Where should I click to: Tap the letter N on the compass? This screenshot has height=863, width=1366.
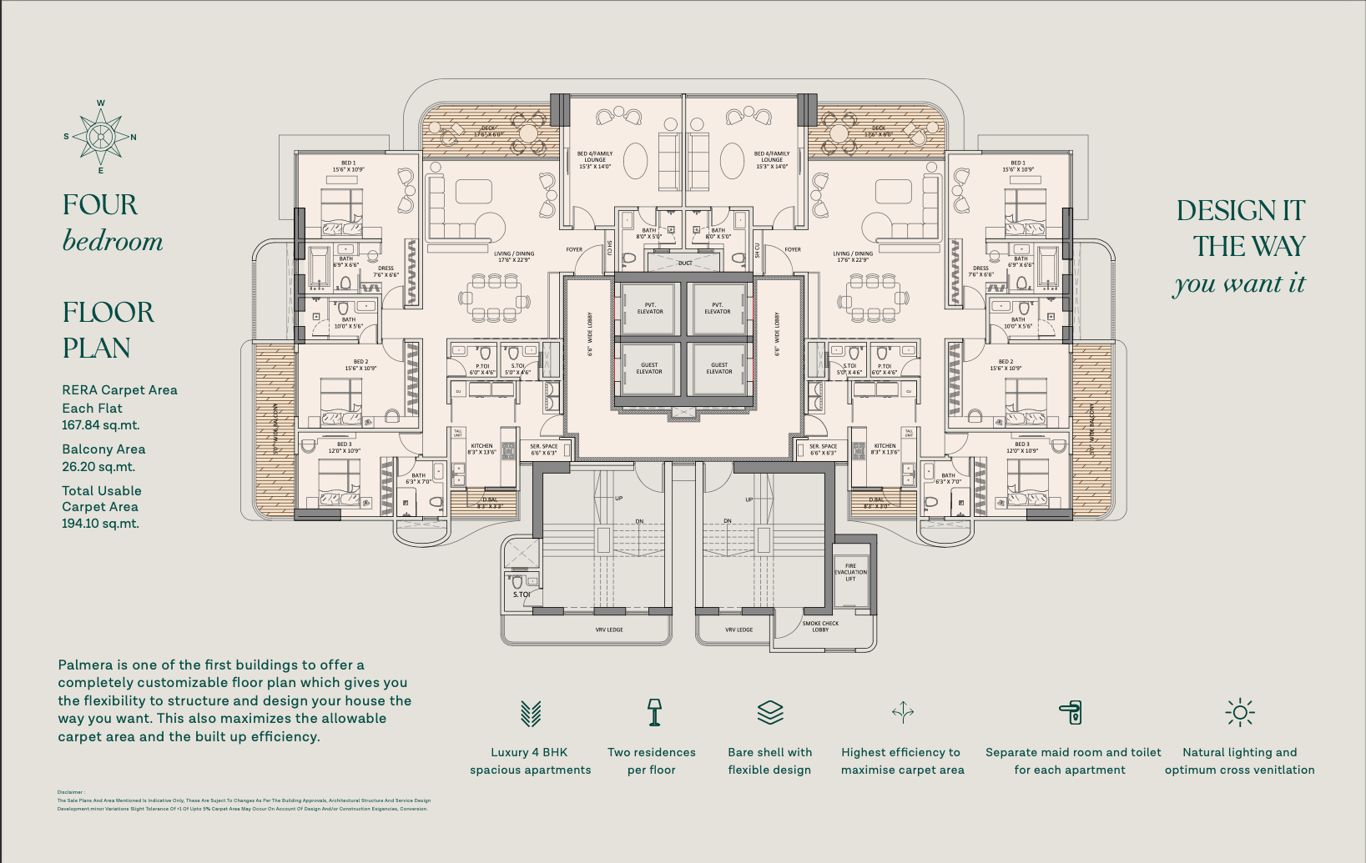134,137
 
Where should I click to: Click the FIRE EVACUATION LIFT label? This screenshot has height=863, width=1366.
850,572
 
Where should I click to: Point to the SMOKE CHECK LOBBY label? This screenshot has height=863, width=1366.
820,626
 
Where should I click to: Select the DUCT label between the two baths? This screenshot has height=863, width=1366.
684,263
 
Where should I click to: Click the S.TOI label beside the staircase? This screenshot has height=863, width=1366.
521,595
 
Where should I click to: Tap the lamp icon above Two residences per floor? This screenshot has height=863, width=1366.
654,712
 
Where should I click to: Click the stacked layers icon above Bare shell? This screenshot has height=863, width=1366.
769,712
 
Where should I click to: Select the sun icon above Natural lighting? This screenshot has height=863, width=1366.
1239,712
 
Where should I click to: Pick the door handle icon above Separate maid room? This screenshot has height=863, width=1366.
1071,712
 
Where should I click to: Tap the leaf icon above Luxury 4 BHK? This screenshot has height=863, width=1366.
531,713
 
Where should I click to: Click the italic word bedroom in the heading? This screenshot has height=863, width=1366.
113,242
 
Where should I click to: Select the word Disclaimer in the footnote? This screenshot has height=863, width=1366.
70,792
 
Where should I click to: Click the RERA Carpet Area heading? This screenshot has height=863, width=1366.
119,390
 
